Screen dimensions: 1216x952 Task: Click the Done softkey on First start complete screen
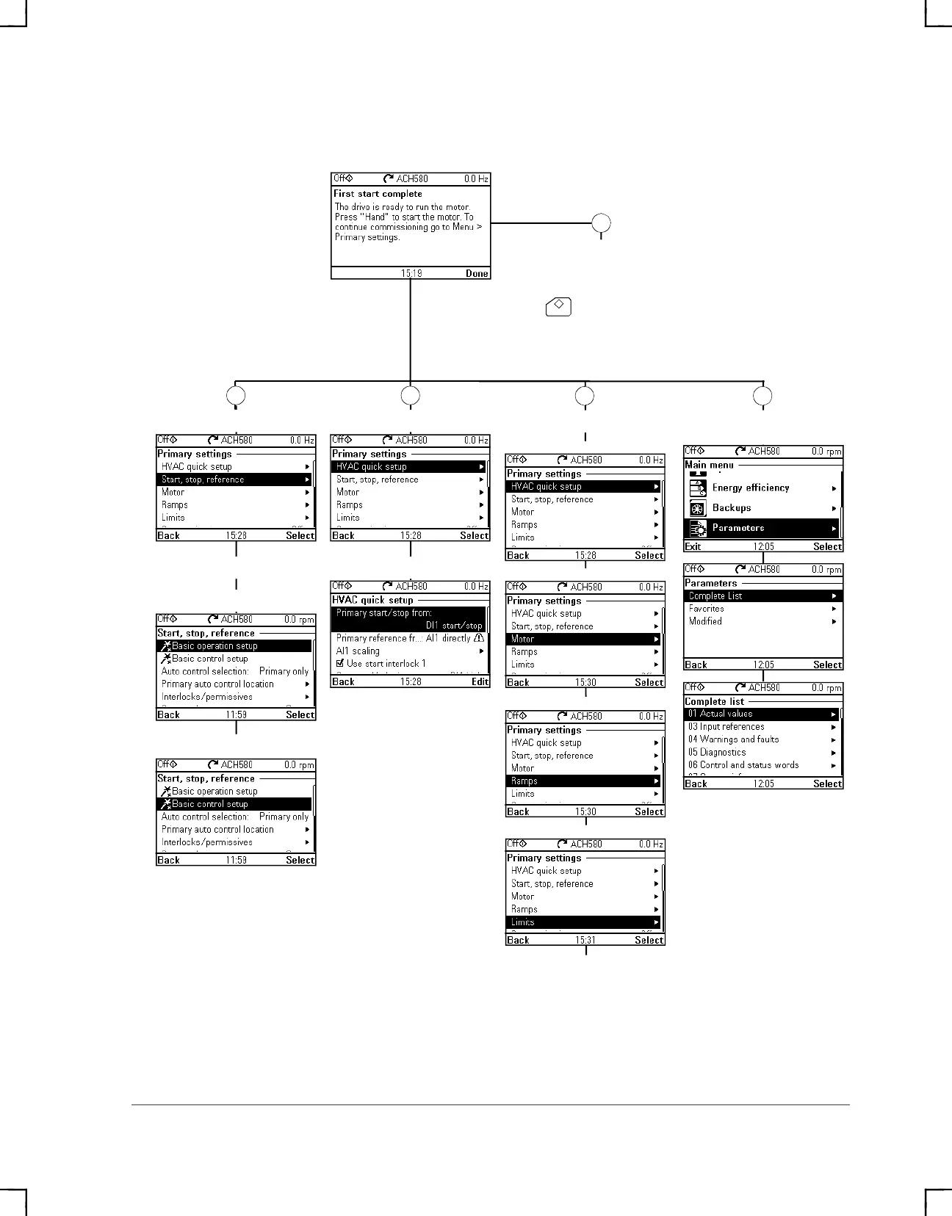476,273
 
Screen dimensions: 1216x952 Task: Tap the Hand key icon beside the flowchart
558,306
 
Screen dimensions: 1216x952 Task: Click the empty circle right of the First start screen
602,223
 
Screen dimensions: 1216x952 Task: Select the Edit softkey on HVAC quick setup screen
480,681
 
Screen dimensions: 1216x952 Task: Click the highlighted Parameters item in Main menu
762,528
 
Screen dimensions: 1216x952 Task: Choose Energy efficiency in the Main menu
750,488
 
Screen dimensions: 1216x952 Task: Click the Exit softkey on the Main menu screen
693,546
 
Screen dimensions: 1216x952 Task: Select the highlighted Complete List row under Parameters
762,596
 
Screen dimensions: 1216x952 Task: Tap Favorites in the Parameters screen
707,609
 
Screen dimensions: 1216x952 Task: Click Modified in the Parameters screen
705,621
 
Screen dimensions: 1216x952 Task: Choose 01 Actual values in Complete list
762,714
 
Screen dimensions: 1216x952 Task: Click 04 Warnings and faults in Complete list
733,739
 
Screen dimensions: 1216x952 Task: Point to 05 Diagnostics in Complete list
717,752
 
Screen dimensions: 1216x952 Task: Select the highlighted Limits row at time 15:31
584,922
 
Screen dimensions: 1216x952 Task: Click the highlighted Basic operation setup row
235,646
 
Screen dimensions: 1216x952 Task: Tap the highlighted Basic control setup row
235,804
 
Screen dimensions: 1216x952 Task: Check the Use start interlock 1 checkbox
340,663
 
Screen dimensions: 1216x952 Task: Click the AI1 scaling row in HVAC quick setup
358,651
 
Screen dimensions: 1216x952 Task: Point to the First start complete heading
378,194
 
